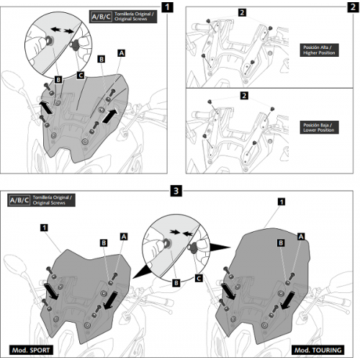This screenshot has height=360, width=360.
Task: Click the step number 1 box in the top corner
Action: [x=167, y=7]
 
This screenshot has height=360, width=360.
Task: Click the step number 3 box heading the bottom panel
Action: [x=176, y=191]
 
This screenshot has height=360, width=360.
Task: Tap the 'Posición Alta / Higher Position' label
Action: [x=319, y=50]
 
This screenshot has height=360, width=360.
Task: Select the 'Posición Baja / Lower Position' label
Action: [x=319, y=127]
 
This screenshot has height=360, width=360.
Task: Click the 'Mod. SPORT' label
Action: [x=31, y=350]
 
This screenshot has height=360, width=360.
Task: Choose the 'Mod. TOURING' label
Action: [x=318, y=350]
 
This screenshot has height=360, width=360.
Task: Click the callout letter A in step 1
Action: [x=122, y=53]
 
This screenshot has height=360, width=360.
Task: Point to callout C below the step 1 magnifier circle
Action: [x=81, y=76]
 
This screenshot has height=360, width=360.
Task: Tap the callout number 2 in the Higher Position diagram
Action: [x=242, y=12]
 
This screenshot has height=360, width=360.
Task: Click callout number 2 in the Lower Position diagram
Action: [x=244, y=96]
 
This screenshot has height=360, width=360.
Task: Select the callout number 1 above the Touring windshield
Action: [x=282, y=202]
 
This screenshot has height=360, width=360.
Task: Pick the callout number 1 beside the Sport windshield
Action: [x=44, y=228]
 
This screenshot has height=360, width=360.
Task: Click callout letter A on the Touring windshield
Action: [x=301, y=237]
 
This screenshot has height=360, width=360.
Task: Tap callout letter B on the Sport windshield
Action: [x=104, y=243]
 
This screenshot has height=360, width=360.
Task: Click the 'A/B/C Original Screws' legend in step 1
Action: [x=123, y=17]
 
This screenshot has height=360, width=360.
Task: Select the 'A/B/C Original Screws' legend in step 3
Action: [x=41, y=200]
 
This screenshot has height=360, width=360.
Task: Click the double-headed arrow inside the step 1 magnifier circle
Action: [x=62, y=30]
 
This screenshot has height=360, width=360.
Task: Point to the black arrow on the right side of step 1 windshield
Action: [x=110, y=115]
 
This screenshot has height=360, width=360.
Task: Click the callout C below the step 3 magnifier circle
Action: [x=199, y=279]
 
